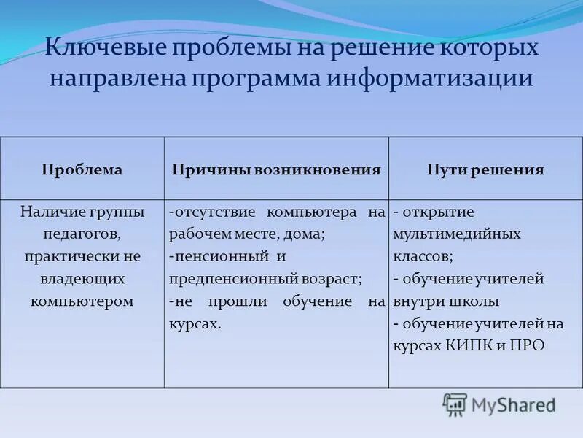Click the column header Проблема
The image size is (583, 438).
(82, 169)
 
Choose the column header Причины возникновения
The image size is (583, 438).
(276, 169)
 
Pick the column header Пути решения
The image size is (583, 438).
(485, 169)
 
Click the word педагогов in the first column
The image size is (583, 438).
(82, 234)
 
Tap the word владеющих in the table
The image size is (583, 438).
(82, 279)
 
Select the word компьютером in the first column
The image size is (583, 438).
(82, 301)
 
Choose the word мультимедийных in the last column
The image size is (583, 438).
(457, 234)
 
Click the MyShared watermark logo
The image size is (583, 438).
(499, 404)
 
